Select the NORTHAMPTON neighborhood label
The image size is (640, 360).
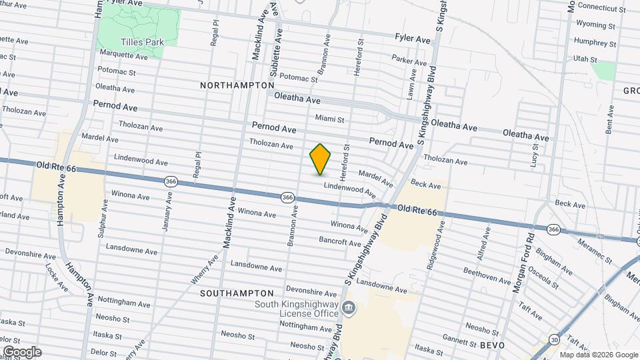pos(237,85)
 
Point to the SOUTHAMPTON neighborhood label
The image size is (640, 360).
pos(237,293)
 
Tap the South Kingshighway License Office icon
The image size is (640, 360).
pos(348,308)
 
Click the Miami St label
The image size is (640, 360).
pos(329,119)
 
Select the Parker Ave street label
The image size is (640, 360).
pos(409,61)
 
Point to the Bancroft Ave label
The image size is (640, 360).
pos(340,241)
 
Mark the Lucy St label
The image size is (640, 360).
pos(534,155)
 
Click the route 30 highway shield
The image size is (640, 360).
pos(555,340)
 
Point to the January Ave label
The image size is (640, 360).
pos(169,211)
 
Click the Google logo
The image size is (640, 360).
pos(22,351)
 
